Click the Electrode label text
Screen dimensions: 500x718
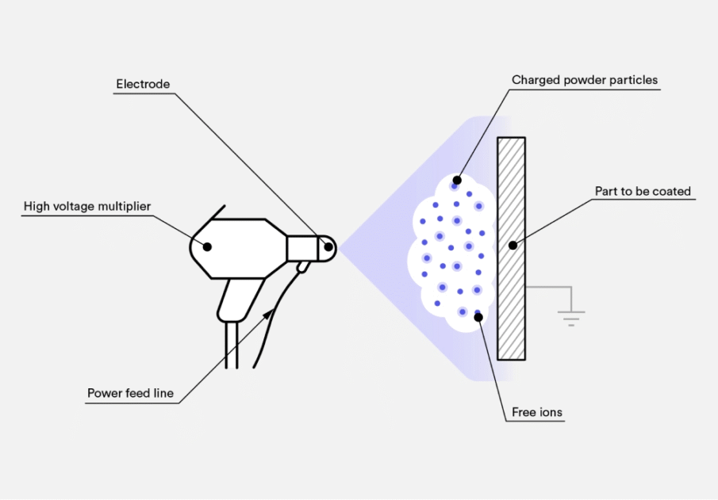click(143, 84)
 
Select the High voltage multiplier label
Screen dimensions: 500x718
click(87, 207)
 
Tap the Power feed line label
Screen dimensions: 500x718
click(130, 393)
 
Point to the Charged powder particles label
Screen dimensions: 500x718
click(585, 80)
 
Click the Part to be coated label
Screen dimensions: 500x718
click(643, 191)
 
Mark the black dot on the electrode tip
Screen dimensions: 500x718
click(327, 246)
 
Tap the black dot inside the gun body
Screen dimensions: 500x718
click(208, 246)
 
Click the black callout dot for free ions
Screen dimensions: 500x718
click(478, 317)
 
